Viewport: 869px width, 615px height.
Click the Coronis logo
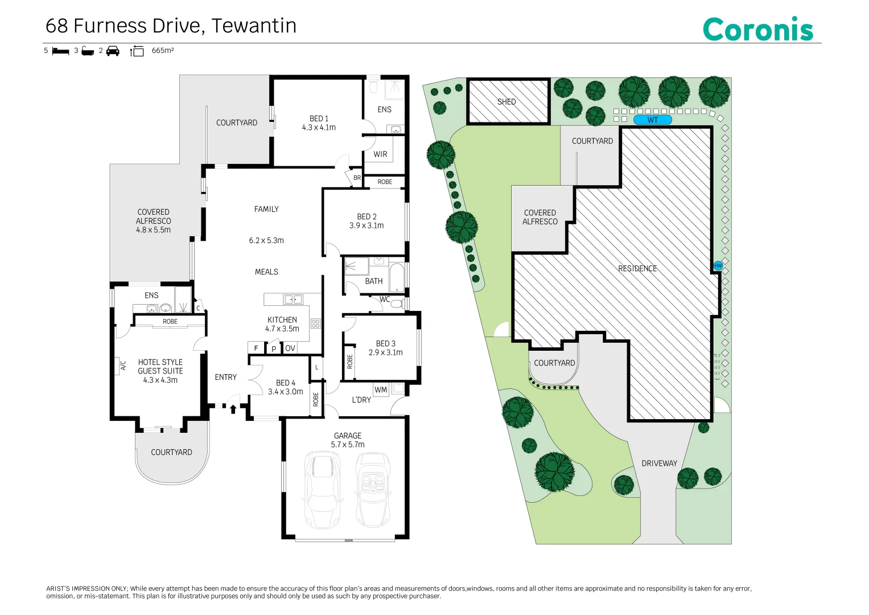click(x=757, y=29)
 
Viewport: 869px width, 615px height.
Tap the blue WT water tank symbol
click(x=653, y=120)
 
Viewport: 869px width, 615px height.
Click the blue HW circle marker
click(x=718, y=266)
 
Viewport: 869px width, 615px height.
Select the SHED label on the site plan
click(x=506, y=102)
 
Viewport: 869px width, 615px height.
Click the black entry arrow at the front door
click(x=233, y=409)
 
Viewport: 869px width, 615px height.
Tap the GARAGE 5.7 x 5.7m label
click(x=348, y=440)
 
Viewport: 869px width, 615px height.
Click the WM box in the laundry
click(x=381, y=389)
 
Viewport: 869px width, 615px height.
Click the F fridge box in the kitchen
click(x=256, y=348)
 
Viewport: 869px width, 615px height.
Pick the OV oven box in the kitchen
click(x=290, y=348)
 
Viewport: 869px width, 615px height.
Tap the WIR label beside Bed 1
click(x=380, y=154)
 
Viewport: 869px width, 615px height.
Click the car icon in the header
click(x=113, y=51)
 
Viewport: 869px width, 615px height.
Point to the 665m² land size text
click(x=163, y=51)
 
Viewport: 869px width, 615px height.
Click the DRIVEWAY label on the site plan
click(x=659, y=463)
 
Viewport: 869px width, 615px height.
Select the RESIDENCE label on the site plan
click(x=637, y=268)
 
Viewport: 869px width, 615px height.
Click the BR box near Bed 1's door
click(x=357, y=178)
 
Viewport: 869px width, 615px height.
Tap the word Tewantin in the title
click(x=254, y=26)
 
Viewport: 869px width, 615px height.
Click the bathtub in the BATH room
click(x=397, y=277)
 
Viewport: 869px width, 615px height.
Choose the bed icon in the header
click(x=60, y=51)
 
